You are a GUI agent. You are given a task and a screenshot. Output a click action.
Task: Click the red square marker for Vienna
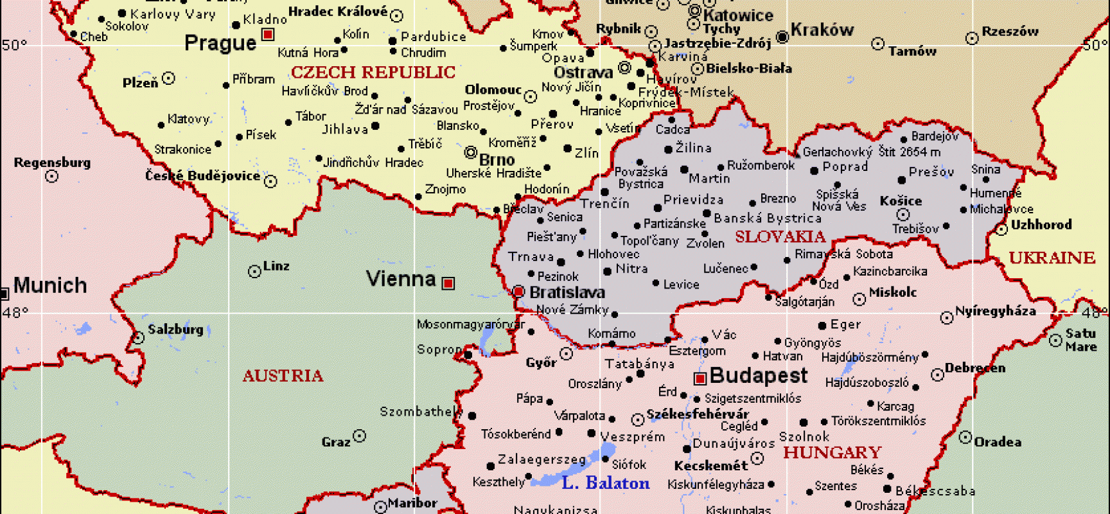(x=448, y=283)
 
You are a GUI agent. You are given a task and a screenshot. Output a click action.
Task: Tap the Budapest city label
(x=759, y=375)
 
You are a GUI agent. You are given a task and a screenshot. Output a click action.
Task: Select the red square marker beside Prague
(x=269, y=34)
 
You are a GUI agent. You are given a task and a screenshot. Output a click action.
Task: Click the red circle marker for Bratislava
(x=519, y=292)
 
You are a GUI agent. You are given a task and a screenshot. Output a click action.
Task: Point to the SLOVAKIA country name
(x=780, y=237)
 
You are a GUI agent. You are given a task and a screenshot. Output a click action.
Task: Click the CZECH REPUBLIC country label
(x=373, y=73)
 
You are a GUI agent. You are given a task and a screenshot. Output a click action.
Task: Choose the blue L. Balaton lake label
(x=605, y=483)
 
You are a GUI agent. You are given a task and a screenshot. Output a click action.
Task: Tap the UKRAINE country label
(x=1052, y=258)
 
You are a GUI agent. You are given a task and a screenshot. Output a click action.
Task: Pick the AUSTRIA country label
(x=283, y=376)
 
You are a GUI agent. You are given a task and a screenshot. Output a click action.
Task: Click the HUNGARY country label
(x=832, y=452)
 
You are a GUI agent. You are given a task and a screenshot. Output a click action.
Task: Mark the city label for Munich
(x=50, y=285)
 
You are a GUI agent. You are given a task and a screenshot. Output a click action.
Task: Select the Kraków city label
(x=822, y=30)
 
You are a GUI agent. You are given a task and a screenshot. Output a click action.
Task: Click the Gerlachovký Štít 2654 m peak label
(x=871, y=152)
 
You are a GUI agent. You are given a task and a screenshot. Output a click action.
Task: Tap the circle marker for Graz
(x=360, y=436)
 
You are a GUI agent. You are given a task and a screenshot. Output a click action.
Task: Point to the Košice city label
(x=901, y=201)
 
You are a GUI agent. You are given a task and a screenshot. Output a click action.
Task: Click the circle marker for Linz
(x=254, y=272)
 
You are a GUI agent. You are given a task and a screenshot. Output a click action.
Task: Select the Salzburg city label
(x=175, y=330)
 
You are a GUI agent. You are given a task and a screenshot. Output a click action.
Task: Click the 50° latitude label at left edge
(x=14, y=45)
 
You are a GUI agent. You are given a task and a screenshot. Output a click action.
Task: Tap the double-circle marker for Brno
(x=471, y=152)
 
